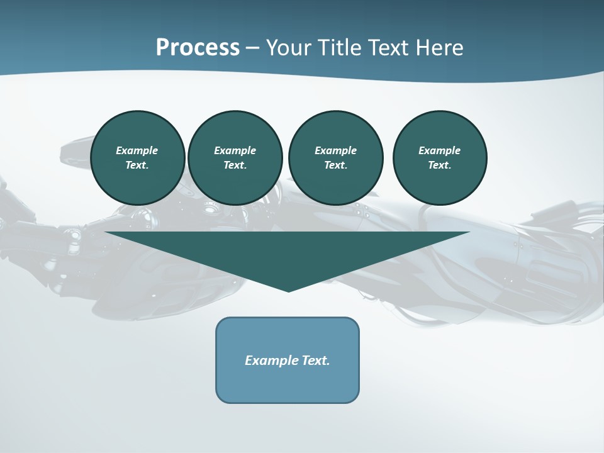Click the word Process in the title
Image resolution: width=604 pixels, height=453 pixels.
point(198,48)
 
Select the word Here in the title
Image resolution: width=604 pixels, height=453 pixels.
point(439,48)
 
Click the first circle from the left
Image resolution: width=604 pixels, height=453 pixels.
point(138,157)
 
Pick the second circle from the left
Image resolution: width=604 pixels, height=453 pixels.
point(235,157)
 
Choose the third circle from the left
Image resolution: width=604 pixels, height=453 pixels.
point(336,157)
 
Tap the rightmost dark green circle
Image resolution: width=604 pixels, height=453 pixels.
point(440,157)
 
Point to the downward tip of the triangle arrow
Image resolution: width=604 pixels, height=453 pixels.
point(288,290)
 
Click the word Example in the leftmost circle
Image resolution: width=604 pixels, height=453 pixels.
point(137,150)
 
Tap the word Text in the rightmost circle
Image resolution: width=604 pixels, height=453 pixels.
point(439,165)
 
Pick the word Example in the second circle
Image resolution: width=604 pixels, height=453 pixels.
point(235,150)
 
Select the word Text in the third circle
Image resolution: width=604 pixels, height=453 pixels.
point(335,165)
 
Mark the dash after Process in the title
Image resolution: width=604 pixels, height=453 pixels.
point(252,48)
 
